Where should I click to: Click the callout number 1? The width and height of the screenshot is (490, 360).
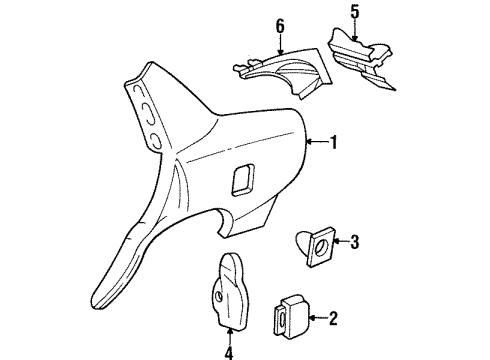point(333,143)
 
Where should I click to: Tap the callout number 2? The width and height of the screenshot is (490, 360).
point(332,319)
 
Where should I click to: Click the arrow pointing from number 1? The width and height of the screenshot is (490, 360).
point(316,143)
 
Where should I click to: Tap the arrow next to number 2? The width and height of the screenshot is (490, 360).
point(314,319)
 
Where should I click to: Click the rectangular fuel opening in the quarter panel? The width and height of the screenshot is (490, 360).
point(243,179)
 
